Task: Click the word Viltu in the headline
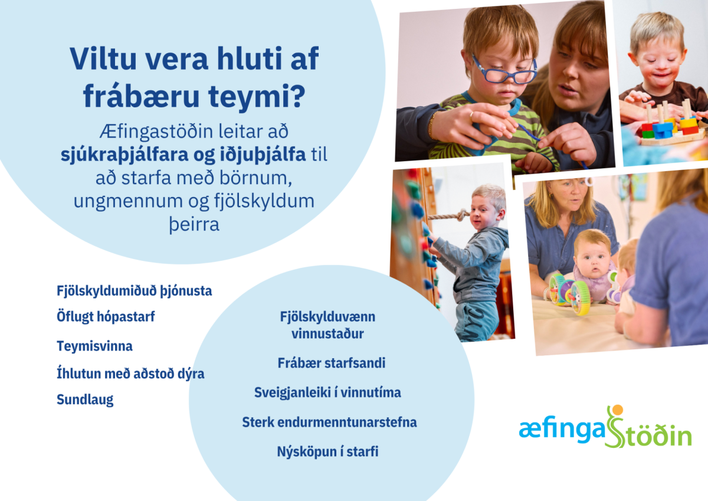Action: click(103, 59)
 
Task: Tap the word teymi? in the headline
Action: click(257, 96)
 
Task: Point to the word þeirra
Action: click(194, 224)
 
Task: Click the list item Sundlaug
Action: click(85, 400)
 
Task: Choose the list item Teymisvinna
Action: click(94, 346)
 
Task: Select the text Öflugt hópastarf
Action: click(106, 317)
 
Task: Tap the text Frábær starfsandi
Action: click(331, 363)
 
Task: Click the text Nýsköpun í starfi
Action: click(327, 451)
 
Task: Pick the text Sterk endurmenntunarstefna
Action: click(329, 423)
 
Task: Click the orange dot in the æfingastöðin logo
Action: click(617, 410)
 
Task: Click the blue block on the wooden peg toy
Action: click(661, 130)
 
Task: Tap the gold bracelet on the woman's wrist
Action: click(431, 125)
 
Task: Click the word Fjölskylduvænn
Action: click(327, 317)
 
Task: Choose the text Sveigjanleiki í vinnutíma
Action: click(327, 392)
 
